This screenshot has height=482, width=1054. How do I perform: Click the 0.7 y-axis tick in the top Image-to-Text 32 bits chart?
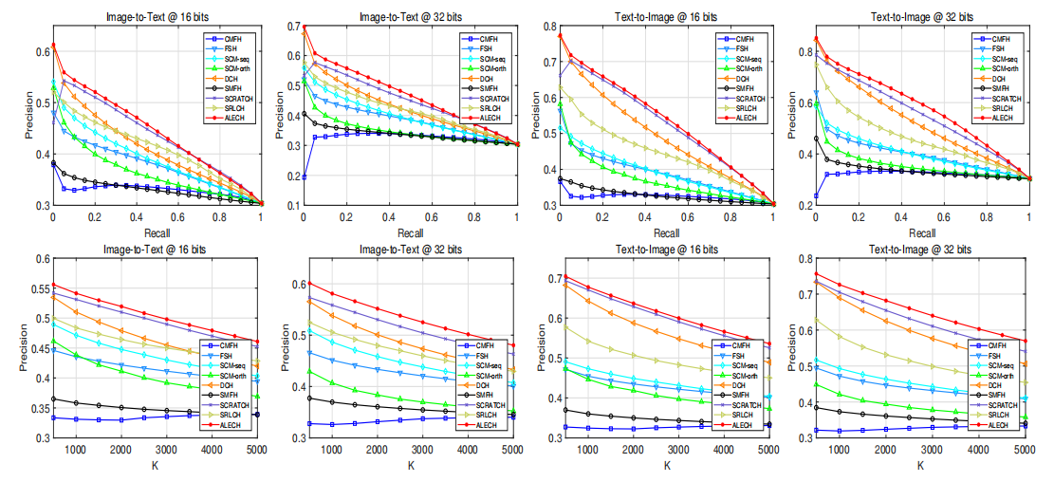coord(289,28)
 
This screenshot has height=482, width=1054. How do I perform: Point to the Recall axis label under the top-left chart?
coord(157,231)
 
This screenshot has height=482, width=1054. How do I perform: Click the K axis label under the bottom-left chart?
coord(157,465)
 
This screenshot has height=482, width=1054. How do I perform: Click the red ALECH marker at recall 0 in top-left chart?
coord(54,44)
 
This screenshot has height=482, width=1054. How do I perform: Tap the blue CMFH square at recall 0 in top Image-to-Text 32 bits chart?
coord(305,176)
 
